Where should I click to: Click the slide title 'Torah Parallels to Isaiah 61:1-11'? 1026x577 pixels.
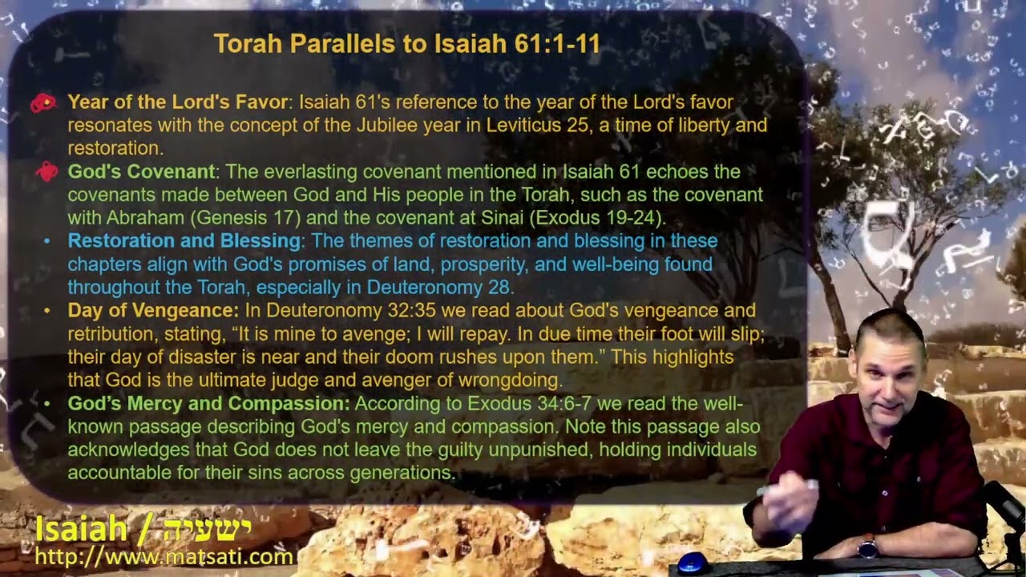point(406,44)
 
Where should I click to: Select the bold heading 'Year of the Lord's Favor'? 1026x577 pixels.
point(178,102)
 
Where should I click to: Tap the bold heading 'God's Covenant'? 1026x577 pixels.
point(141,171)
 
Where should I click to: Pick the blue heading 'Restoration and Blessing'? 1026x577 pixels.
point(184,241)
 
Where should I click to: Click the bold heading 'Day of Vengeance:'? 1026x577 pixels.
point(153,311)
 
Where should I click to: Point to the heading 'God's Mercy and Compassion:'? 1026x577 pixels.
point(209,403)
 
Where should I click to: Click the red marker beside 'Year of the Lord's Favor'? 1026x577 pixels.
point(43,103)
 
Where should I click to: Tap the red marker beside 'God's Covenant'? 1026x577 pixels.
point(46,171)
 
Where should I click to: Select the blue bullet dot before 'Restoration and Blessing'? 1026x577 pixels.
point(46,241)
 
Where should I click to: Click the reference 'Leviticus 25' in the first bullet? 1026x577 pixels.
point(537,125)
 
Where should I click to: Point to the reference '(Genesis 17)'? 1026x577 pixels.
point(245,218)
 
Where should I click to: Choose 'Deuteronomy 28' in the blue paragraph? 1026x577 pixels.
point(438,288)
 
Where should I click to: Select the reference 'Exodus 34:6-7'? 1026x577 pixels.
point(530,403)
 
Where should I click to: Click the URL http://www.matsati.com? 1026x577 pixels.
point(164,557)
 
